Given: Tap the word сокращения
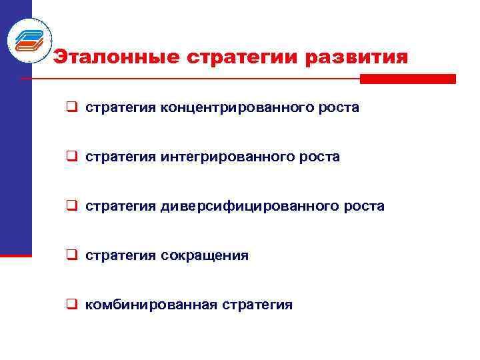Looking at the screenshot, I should coord(204,255).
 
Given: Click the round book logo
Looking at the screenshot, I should coord(29,39).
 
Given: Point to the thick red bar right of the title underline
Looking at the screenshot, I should coord(407,79).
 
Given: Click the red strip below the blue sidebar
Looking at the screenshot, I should coord(15,255).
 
